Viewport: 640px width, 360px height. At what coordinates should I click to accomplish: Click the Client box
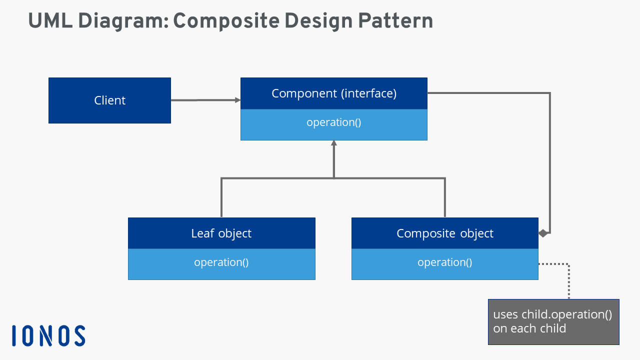point(109,100)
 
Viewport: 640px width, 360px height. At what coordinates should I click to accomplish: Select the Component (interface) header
point(333,93)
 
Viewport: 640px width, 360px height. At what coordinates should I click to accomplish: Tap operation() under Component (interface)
point(333,122)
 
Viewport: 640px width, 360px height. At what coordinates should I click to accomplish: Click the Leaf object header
point(221,233)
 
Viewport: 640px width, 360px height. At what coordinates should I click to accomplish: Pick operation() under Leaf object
point(221,262)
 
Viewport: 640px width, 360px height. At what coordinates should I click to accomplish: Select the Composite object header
point(444,233)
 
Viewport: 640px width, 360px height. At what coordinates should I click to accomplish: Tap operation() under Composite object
point(444,262)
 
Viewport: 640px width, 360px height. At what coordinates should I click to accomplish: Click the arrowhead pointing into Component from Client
point(237,100)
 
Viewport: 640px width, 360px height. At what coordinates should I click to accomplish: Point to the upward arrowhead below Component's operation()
point(333,143)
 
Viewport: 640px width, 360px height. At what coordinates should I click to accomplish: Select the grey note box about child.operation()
point(553,322)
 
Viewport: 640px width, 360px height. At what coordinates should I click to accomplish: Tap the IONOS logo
point(48,335)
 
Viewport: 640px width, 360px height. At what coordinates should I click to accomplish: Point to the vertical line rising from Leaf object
point(221,197)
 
